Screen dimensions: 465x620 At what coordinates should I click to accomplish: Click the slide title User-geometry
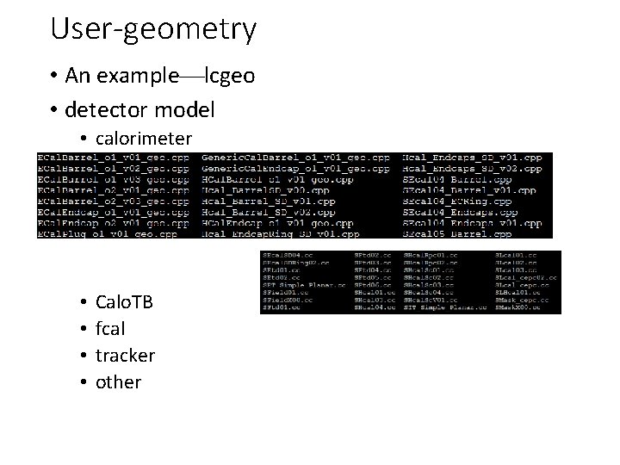pos(153,28)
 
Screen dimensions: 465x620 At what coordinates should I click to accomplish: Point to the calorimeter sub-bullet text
pos(144,138)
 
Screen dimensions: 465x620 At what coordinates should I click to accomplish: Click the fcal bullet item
pos(110,329)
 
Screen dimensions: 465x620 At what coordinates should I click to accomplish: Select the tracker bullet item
pos(125,355)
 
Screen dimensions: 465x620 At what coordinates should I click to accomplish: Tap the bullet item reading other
pos(118,381)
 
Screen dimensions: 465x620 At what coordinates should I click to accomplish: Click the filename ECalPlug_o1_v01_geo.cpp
pos(107,232)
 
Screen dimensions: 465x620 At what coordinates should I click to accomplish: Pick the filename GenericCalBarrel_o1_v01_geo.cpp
pos(295,158)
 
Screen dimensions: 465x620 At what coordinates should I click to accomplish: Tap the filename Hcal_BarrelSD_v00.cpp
pos(265,189)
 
